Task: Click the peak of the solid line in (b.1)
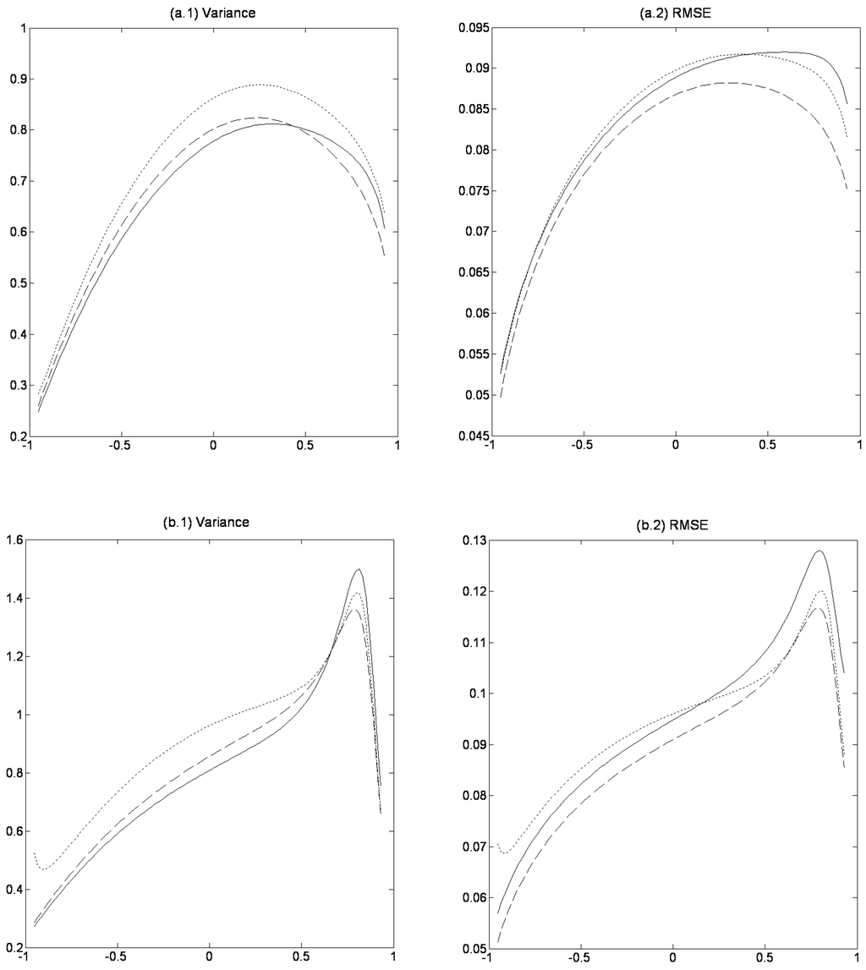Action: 359,569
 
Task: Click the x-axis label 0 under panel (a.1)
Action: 213,447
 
